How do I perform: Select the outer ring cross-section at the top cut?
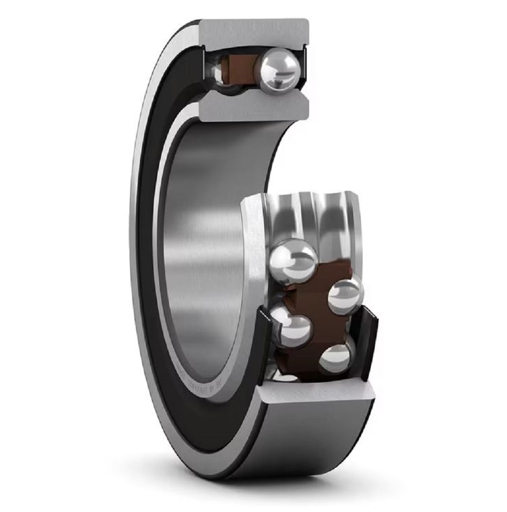[x=253, y=32]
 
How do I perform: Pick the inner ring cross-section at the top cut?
[x=253, y=108]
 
